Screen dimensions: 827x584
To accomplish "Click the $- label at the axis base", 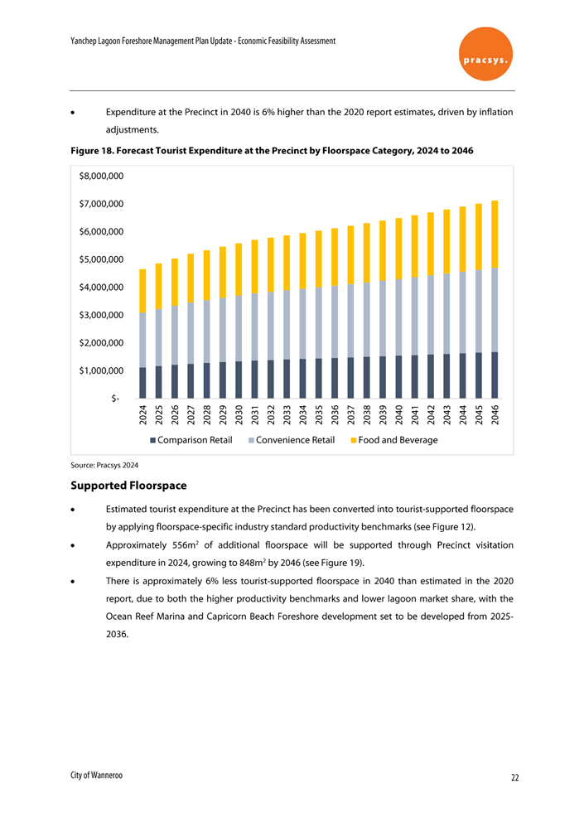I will click(x=116, y=399).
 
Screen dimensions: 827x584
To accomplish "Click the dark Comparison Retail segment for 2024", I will click(x=143, y=382).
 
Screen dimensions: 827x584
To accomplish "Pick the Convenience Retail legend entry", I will click(x=292, y=439).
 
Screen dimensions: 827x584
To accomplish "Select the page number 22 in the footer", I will click(x=514, y=777).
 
